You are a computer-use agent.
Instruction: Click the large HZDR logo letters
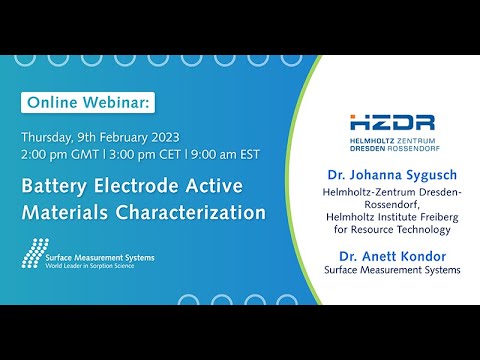point(392,123)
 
